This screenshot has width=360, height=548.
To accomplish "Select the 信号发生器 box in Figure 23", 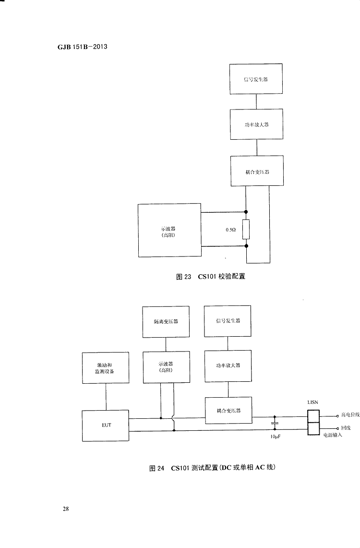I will click(256, 79).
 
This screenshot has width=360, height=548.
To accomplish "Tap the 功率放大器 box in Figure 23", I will click(256, 124).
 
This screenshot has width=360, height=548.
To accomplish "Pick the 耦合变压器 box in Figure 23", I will click(257, 170).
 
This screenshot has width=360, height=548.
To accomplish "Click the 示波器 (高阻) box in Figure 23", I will click(169, 230).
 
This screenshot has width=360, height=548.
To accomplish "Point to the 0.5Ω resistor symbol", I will click(246, 230).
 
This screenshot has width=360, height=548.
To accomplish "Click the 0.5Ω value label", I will click(230, 230).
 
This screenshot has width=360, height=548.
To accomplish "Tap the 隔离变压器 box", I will click(166, 321).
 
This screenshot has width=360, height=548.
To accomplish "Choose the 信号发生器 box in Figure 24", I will click(228, 321).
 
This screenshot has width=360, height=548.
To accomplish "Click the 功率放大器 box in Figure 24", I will click(228, 365).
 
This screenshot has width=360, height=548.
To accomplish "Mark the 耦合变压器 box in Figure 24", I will click(228, 410).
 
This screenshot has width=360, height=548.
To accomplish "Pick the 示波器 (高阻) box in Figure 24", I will click(166, 367).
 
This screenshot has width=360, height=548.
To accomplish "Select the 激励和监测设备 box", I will click(106, 367).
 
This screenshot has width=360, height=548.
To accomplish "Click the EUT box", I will click(106, 426).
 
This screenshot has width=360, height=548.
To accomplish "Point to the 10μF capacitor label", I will click(276, 438).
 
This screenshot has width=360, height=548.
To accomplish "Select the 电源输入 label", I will click(332, 435).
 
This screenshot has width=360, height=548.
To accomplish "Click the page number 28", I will click(66, 509).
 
